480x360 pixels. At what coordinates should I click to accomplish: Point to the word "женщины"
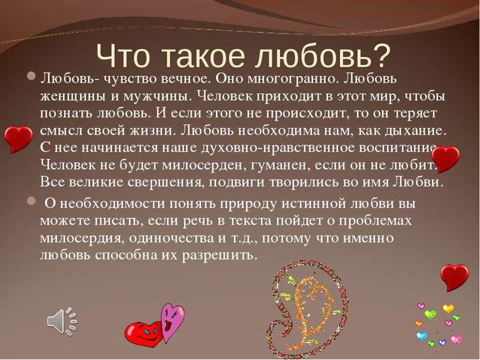[x=73, y=96]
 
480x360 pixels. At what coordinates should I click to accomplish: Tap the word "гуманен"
[x=280, y=166]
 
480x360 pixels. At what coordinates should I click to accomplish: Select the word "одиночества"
[x=172, y=238]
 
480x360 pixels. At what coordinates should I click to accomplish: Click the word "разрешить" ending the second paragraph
[x=218, y=256]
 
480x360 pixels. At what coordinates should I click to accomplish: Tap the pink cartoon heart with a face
[x=173, y=322]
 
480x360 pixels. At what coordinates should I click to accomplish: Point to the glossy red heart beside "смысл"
[x=19, y=139]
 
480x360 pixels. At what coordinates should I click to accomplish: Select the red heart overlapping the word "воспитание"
[x=445, y=159]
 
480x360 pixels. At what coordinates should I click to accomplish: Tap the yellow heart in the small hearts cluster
[x=448, y=308]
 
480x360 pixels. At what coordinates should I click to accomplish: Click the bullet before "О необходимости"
[x=31, y=201]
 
